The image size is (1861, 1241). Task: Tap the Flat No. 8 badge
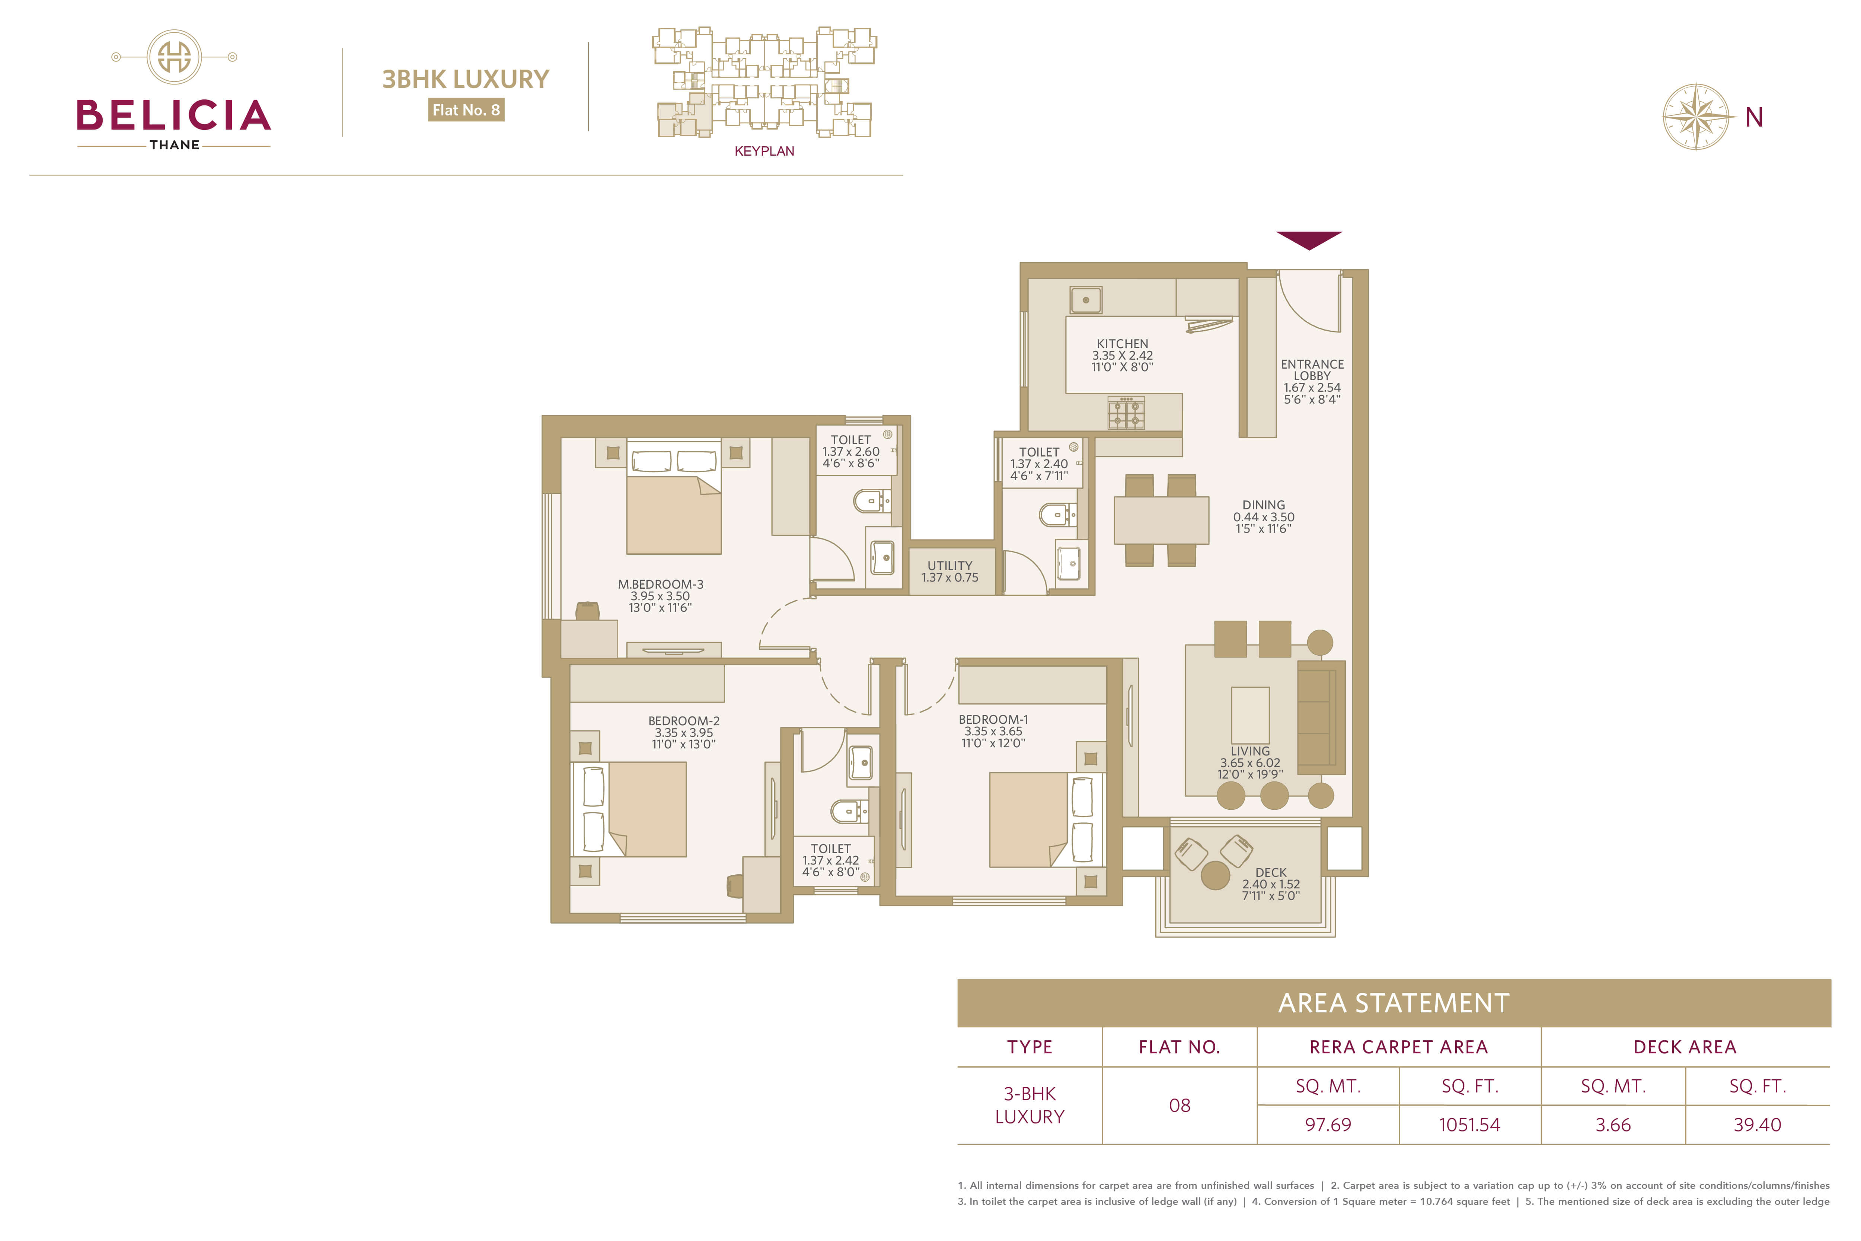click(x=466, y=110)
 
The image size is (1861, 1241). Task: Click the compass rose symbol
click(x=1696, y=116)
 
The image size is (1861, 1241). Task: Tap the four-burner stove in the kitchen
click(x=1126, y=412)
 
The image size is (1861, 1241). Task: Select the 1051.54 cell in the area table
click(x=1469, y=1125)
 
